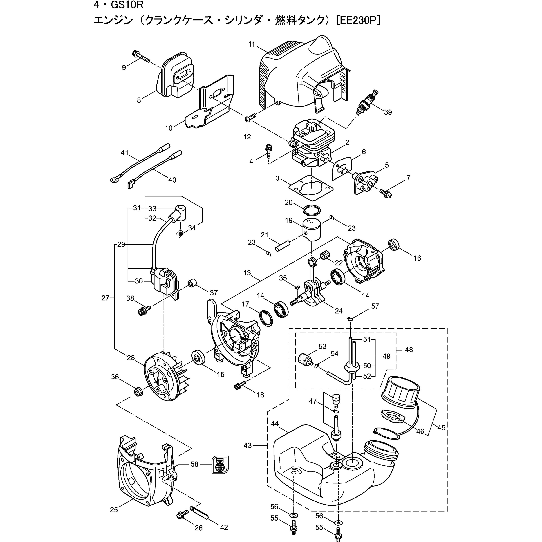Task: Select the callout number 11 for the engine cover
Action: point(251,44)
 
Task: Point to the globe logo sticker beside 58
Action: point(220,465)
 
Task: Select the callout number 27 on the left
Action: point(105,298)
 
